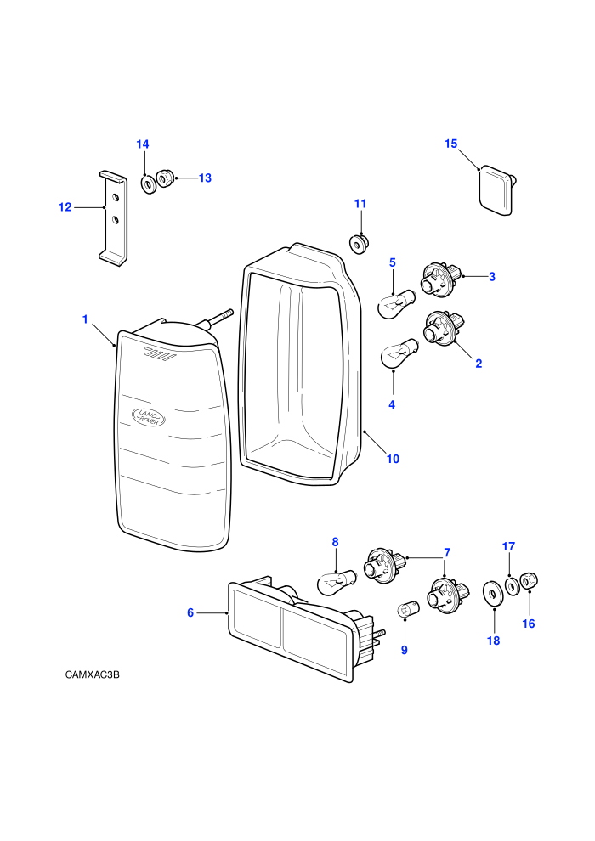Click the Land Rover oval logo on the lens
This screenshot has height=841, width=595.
click(x=149, y=417)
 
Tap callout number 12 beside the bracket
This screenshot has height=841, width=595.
click(x=65, y=207)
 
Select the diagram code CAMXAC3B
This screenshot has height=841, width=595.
click(x=93, y=674)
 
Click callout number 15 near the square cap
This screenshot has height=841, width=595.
click(x=451, y=144)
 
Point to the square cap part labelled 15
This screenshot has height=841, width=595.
click(x=497, y=190)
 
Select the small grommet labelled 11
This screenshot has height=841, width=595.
click(x=359, y=244)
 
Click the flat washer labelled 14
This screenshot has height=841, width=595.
click(x=148, y=184)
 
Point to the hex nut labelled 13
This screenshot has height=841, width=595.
click(x=165, y=178)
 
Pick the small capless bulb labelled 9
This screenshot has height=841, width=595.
click(x=405, y=610)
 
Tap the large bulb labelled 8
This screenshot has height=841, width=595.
click(x=337, y=582)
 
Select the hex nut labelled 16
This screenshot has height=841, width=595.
click(x=529, y=581)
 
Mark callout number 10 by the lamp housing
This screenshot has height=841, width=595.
click(x=394, y=459)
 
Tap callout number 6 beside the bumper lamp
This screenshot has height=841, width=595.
click(x=190, y=612)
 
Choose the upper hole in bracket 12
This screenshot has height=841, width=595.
click(x=114, y=197)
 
